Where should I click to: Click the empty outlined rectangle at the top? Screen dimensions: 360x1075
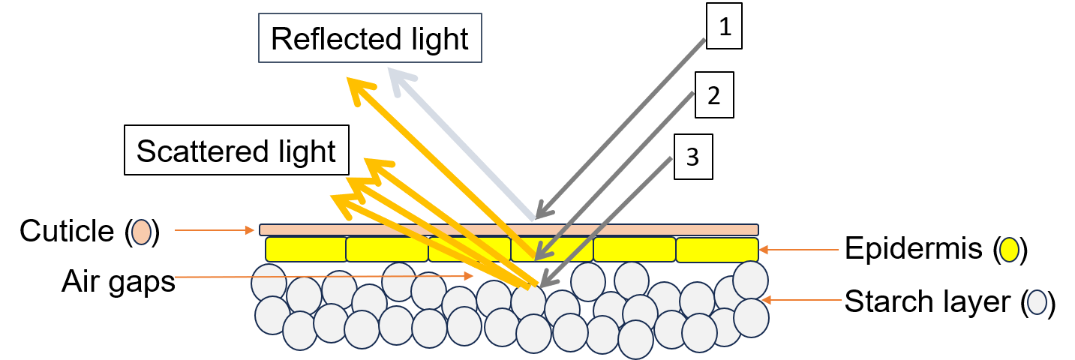tap(370, 37)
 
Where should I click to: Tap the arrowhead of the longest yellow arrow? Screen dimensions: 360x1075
tap(357, 86)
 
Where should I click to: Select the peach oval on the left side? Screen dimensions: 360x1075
tap(141, 232)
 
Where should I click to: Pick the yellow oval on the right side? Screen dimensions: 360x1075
tap(1009, 250)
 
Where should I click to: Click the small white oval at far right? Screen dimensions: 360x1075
tap(1037, 302)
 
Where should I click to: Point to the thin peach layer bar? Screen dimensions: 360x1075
tap(509, 229)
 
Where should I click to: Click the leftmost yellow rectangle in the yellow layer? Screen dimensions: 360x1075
tap(305, 249)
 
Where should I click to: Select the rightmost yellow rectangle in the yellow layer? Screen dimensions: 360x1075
tap(716, 250)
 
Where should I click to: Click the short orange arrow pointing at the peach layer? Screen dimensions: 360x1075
tap(215, 230)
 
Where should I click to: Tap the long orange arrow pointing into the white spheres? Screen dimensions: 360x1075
tap(323, 277)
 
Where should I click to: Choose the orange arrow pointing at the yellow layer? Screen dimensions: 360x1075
tap(799, 250)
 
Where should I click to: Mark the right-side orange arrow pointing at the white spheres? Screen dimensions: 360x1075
tap(801, 300)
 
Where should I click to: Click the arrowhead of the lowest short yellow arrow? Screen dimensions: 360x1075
tap(341, 201)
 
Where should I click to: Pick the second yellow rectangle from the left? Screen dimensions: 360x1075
tap(387, 249)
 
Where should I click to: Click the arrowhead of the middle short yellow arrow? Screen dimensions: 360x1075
tap(356, 184)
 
